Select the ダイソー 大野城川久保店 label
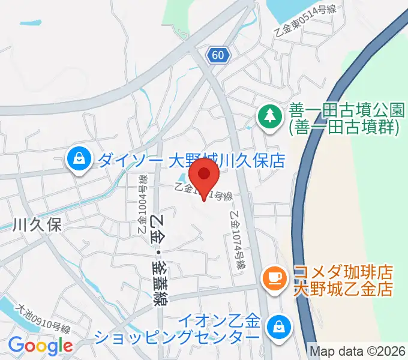click(190, 160)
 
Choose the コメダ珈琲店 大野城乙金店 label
click(343, 281)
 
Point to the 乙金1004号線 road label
click(143, 204)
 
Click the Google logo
click(40, 346)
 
